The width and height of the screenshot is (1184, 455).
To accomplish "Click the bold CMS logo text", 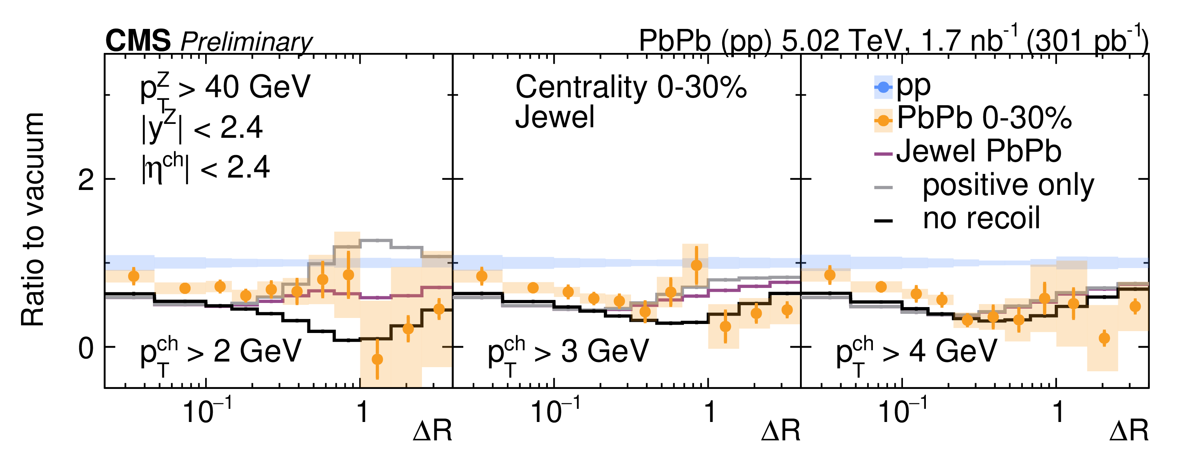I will click(x=138, y=41).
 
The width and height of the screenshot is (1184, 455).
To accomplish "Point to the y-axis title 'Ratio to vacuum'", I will click(x=33, y=220).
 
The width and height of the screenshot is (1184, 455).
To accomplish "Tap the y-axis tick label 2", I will click(x=86, y=181).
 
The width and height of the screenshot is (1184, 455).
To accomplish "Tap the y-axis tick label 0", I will click(x=86, y=348).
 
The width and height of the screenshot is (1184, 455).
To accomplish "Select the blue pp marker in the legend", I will click(x=883, y=87).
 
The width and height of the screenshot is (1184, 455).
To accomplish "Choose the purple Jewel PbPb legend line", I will click(x=883, y=154).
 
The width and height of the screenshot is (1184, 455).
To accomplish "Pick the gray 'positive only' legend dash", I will click(x=883, y=187).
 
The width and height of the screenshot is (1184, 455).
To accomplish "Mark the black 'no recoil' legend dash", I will click(x=883, y=221).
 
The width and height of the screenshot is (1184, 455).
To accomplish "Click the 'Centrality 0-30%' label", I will click(x=631, y=87).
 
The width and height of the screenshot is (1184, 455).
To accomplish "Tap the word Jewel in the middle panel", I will click(x=554, y=117).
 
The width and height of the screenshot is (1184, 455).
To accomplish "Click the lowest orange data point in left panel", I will click(x=377, y=359).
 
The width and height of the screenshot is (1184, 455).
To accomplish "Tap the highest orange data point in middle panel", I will click(x=696, y=265).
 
